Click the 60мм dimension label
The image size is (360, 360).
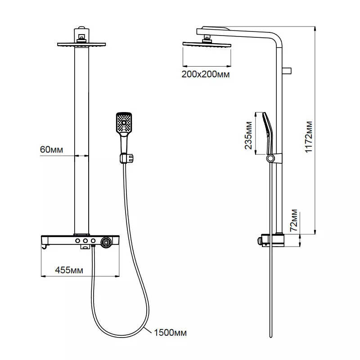point(51,149)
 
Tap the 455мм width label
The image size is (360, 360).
point(69,270)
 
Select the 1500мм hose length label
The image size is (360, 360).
point(170,333)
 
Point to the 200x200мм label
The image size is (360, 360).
point(206,74)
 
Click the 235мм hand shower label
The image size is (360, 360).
point(248,135)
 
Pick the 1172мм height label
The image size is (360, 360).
point(309,137)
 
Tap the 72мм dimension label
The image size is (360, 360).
point(294,220)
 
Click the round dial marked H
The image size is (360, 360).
point(106,242)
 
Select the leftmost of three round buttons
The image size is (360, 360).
point(77,241)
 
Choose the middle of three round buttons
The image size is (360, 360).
point(85,241)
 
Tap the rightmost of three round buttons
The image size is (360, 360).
point(93,241)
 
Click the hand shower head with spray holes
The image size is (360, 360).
point(124,123)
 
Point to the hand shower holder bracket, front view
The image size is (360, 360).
point(126,158)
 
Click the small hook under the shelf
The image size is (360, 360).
point(46,247)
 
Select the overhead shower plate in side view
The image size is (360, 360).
point(207,44)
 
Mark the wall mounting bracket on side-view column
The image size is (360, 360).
point(287,71)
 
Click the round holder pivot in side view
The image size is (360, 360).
point(271,158)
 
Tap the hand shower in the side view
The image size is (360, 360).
point(268,133)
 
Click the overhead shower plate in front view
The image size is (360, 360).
point(81,44)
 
